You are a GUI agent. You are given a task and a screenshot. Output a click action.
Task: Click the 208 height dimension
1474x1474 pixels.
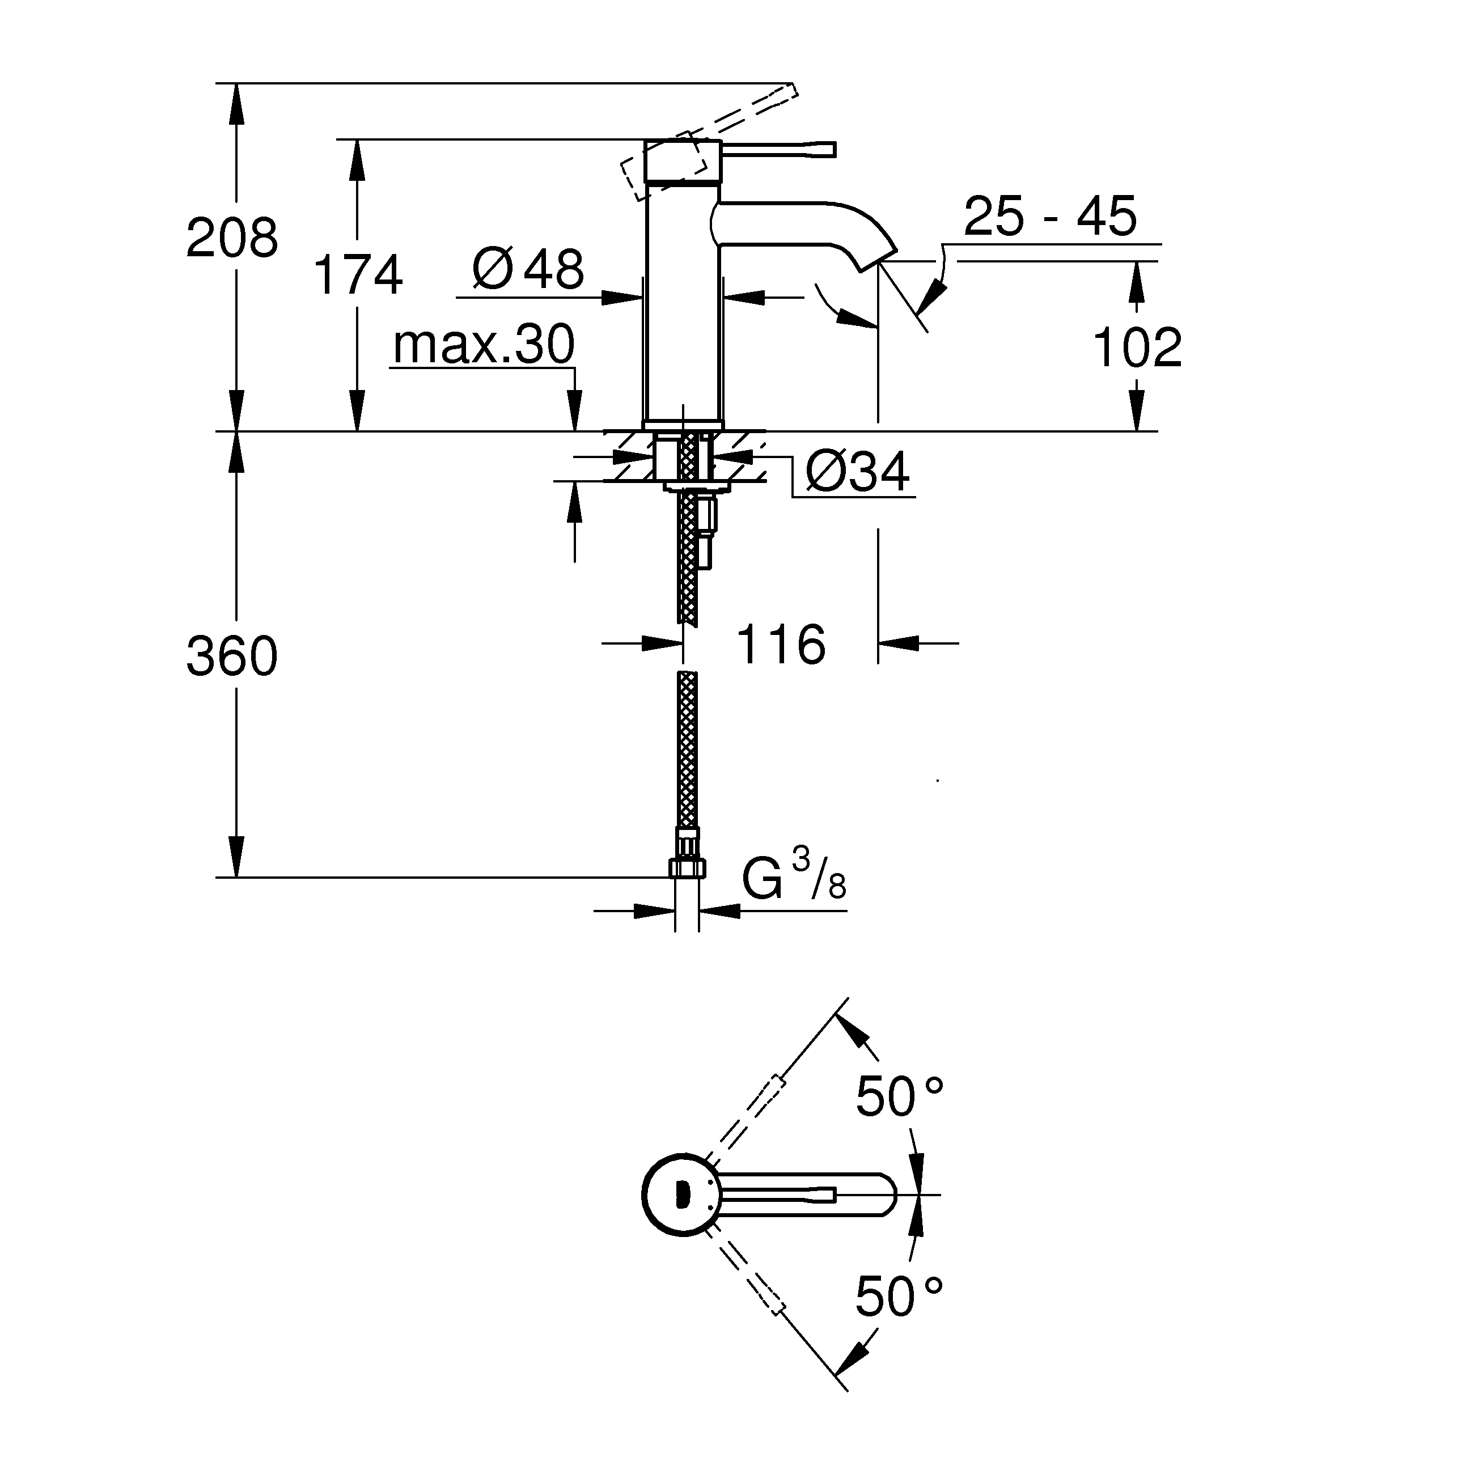pos(232,238)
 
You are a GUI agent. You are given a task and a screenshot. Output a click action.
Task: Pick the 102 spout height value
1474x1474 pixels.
pos(1137,348)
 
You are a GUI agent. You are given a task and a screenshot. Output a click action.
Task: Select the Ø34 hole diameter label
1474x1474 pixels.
pos(858,472)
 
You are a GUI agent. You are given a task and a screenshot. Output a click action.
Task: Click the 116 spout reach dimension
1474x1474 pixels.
pos(780,645)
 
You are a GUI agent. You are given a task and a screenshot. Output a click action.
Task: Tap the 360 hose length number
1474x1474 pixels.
pos(232,656)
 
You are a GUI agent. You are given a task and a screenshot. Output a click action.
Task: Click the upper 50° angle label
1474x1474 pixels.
pos(899,1096)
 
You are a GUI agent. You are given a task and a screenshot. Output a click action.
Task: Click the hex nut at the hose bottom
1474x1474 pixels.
pos(687,867)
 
